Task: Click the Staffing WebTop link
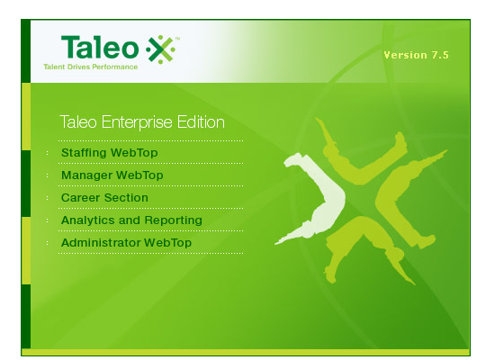click(x=109, y=153)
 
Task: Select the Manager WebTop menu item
click(x=112, y=175)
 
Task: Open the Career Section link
click(x=104, y=198)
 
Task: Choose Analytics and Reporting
click(x=131, y=220)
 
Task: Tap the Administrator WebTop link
click(x=126, y=243)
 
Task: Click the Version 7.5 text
click(x=416, y=55)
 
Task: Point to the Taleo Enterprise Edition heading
click(x=142, y=122)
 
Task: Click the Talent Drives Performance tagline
click(x=91, y=67)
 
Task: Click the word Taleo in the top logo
click(x=100, y=47)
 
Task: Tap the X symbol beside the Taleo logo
click(x=161, y=49)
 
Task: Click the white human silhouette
click(x=312, y=198)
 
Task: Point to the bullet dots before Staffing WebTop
click(x=48, y=153)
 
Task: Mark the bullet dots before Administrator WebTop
click(x=48, y=243)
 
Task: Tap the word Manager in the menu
click(x=86, y=175)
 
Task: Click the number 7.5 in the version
click(x=440, y=55)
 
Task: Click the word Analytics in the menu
click(x=87, y=220)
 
